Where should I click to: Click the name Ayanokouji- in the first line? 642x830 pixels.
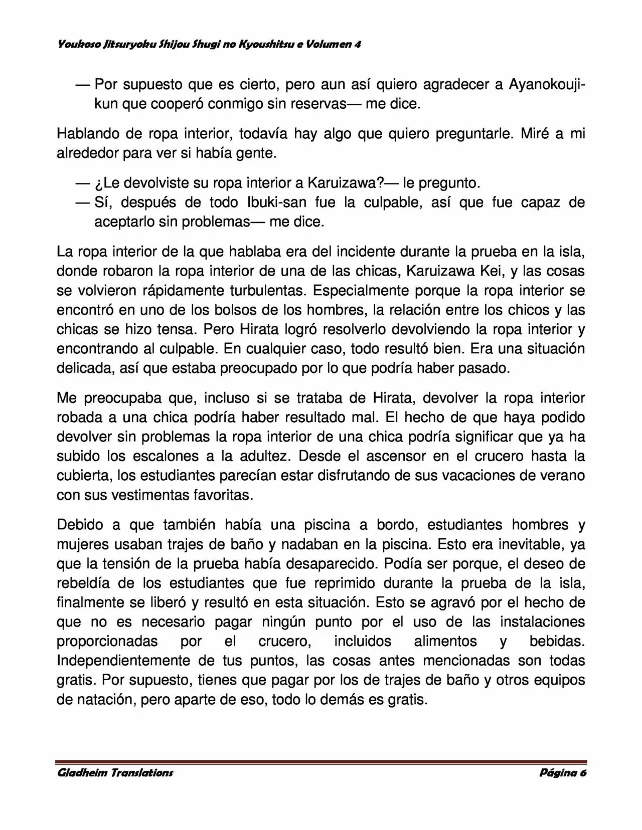547,84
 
